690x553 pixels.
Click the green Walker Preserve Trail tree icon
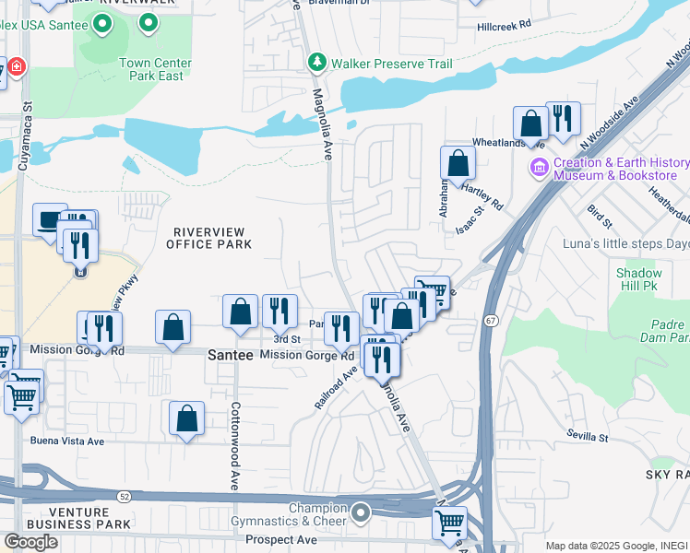(x=316, y=63)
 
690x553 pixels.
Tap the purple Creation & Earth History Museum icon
(x=539, y=169)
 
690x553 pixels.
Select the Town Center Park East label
(x=155, y=69)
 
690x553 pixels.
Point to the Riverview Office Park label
(x=208, y=238)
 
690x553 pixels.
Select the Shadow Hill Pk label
(x=639, y=279)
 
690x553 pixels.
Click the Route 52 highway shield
(x=123, y=497)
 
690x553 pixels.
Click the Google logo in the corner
(x=30, y=542)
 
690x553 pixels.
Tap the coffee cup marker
(x=51, y=219)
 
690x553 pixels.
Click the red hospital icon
(x=16, y=68)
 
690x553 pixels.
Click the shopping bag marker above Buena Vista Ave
(x=186, y=418)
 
